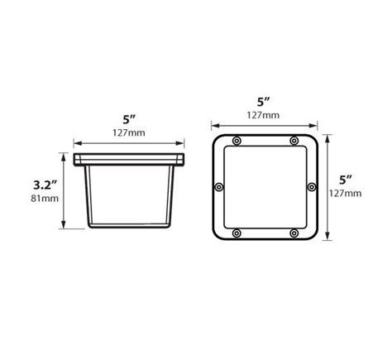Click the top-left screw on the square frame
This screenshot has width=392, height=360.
click(x=236, y=142)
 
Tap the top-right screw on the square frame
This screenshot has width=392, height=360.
click(x=294, y=142)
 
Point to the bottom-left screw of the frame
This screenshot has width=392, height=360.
click(x=236, y=234)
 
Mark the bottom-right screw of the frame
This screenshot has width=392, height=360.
click(x=294, y=234)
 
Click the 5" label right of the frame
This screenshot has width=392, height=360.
click(x=346, y=179)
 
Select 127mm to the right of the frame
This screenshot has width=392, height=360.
click(x=348, y=194)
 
